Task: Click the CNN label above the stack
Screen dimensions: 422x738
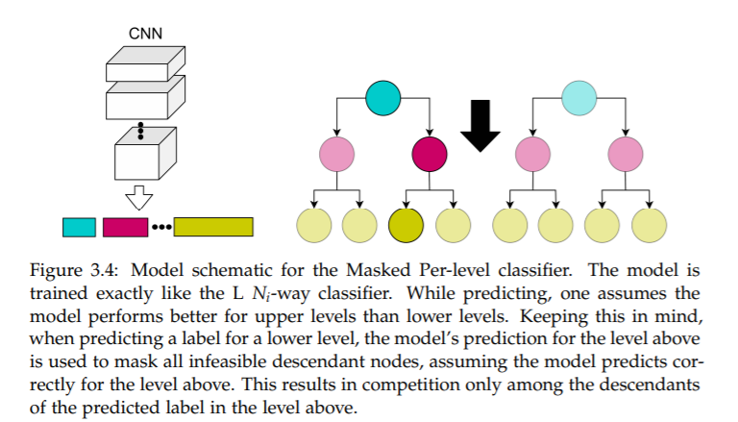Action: (146, 34)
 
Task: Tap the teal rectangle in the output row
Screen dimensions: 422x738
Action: (79, 227)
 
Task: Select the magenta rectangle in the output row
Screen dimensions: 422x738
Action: (125, 227)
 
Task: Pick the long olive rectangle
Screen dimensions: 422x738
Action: (212, 227)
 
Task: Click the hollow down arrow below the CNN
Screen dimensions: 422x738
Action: (140, 198)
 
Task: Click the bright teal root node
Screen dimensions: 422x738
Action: (382, 96)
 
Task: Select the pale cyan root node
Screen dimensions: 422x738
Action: (578, 96)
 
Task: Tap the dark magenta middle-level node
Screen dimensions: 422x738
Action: (429, 153)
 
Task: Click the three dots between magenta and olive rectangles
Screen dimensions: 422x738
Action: (160, 228)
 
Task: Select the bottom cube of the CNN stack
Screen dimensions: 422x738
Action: (143, 158)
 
